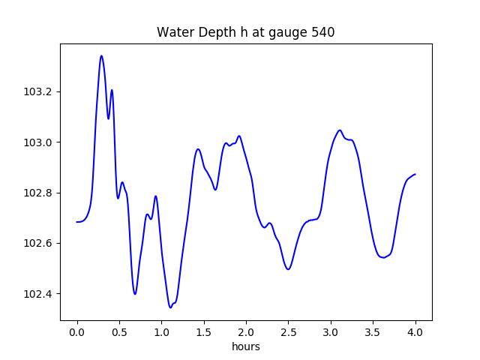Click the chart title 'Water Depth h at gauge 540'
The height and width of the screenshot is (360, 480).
[x=245, y=32]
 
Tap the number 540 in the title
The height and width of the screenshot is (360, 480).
[x=322, y=32]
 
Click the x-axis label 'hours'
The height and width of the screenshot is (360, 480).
[x=245, y=346]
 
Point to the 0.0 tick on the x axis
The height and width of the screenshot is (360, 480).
[x=76, y=332]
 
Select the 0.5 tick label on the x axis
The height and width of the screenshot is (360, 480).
[x=119, y=332]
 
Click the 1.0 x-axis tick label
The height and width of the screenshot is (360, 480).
[x=161, y=332]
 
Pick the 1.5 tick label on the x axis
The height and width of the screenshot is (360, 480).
[x=204, y=332]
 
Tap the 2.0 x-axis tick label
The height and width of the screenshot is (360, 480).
[x=246, y=332]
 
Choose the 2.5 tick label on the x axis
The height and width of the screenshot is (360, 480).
[x=289, y=332]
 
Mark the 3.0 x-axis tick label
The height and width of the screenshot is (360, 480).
[x=331, y=332]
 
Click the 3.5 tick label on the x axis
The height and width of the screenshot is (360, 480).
[x=373, y=332]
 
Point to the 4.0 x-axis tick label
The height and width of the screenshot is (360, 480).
[x=415, y=332]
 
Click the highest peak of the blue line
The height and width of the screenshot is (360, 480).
[x=101, y=55]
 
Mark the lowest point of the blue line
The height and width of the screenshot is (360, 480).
[x=171, y=307]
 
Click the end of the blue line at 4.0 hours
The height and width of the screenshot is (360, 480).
[x=415, y=174]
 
